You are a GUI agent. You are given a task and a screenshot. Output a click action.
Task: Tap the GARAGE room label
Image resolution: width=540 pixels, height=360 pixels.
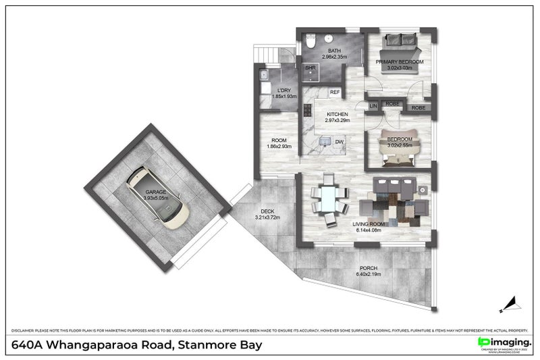click(156, 195)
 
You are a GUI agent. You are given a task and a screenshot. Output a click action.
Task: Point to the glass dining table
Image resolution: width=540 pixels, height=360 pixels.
click(329, 201)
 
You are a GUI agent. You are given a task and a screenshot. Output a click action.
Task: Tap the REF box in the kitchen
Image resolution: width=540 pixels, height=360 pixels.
click(335, 92)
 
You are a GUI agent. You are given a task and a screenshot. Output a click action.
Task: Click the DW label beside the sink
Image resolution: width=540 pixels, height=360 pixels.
click(340, 142)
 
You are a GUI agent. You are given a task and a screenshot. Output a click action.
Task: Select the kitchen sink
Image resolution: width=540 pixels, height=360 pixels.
click(325, 142)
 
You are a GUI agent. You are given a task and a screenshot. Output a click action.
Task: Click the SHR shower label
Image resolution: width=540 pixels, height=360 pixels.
click(311, 68)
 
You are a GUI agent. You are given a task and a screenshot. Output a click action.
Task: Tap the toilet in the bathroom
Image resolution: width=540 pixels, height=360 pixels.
click(310, 40)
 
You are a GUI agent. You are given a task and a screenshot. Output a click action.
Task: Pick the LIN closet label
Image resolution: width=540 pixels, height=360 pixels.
click(373, 105)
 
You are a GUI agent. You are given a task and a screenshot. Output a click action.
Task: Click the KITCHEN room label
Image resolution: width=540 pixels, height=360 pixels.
click(337, 115)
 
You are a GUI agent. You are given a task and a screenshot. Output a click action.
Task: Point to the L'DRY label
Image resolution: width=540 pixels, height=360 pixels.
click(281, 91)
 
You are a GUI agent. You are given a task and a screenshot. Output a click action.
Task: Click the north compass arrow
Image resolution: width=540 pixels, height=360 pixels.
click(514, 298)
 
